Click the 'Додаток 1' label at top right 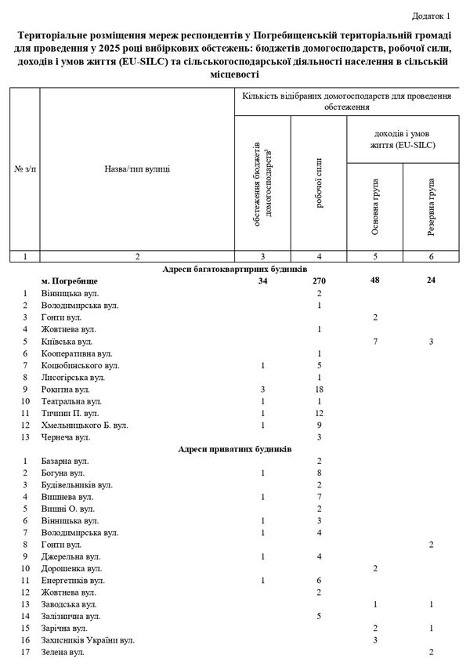point(432,16)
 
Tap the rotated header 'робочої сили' point(320,188)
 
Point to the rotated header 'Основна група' point(376,208)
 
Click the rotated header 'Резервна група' point(432,208)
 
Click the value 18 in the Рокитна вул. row point(320,389)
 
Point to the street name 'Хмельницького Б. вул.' point(85,426)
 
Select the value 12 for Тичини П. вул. point(320,413)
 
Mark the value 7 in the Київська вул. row point(376,341)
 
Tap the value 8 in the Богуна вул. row point(320,473)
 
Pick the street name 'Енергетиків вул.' point(71,580)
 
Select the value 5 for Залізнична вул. point(320,616)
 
